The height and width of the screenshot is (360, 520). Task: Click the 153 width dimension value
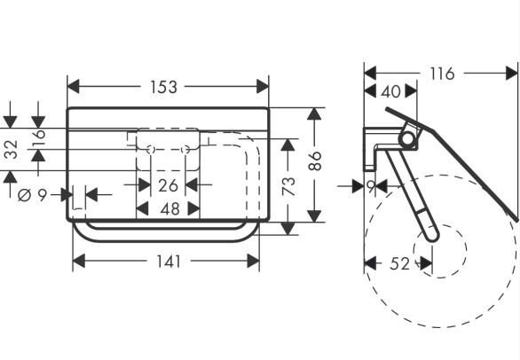click(163, 87)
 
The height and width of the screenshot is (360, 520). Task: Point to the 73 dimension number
click(288, 184)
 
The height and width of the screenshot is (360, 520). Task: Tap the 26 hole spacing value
click(168, 185)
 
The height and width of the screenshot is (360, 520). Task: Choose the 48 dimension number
click(168, 209)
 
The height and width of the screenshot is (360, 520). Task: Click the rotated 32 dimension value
click(11, 149)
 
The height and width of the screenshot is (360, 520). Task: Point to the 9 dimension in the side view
click(371, 186)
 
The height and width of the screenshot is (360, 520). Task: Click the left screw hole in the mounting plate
click(150, 150)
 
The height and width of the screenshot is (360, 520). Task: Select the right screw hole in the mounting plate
click(186, 150)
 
